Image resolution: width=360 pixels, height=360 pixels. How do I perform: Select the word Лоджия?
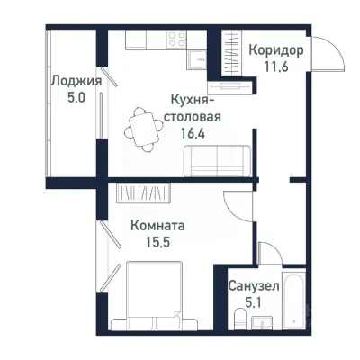point(74,81)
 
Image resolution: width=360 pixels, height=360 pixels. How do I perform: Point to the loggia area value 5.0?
point(74,97)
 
